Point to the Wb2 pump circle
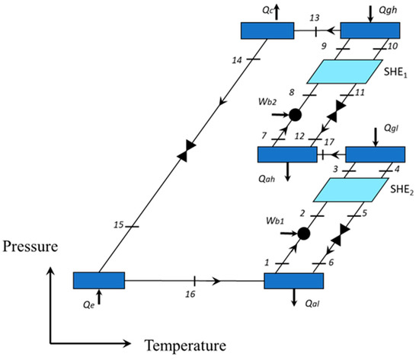click(x=295, y=114)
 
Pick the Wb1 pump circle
click(x=304, y=231)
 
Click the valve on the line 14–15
click(x=183, y=155)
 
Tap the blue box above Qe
click(x=98, y=280)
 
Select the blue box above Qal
click(x=295, y=280)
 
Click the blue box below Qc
click(x=267, y=30)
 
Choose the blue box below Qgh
click(x=369, y=30)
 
